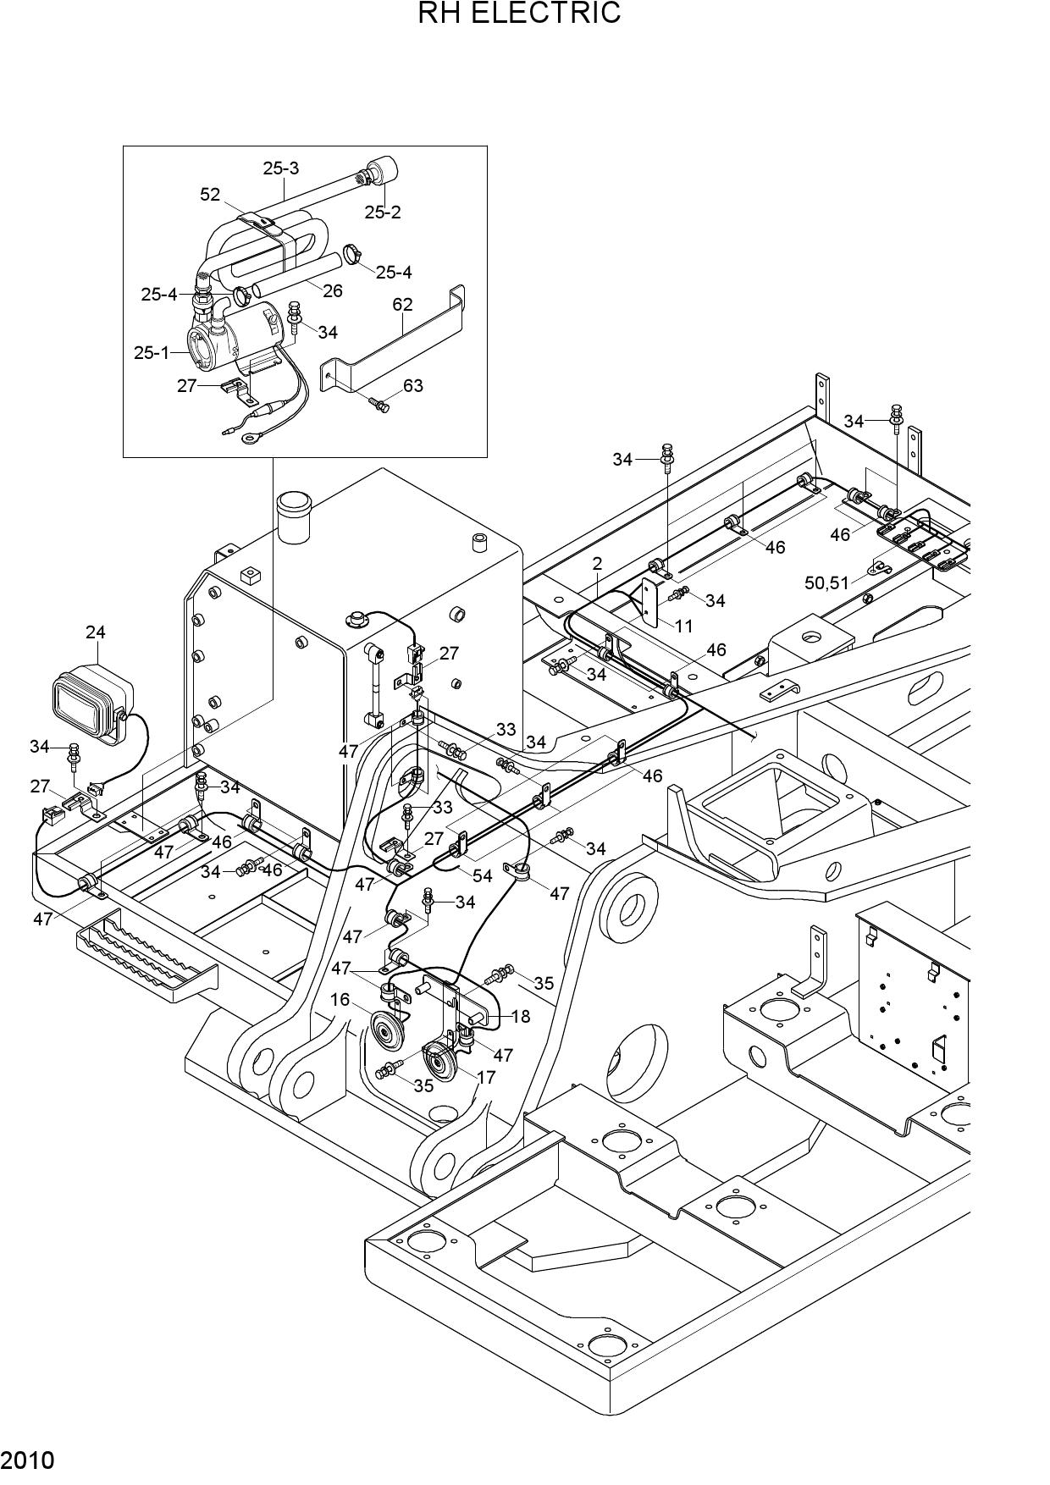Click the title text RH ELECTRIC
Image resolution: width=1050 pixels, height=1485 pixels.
point(519,13)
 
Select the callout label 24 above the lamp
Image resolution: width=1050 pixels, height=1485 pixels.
point(95,632)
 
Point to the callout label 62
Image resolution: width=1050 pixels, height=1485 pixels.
point(402,304)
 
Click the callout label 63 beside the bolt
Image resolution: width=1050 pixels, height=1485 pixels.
point(412,386)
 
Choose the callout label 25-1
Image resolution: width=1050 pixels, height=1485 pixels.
point(152,352)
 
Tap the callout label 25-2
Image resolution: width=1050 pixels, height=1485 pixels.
point(383,213)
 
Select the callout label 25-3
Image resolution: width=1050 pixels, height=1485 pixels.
point(280,168)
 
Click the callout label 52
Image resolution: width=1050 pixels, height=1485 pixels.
point(210,195)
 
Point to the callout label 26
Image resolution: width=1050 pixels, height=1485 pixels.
point(333,290)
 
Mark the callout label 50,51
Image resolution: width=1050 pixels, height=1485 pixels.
point(826,582)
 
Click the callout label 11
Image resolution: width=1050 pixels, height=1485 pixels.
point(683,626)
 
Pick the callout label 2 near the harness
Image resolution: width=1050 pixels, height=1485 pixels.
point(598,564)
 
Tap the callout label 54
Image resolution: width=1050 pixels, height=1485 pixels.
point(482,876)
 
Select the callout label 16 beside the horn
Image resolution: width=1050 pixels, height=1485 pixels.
point(340,1000)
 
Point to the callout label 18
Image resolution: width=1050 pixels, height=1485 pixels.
point(521,1016)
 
